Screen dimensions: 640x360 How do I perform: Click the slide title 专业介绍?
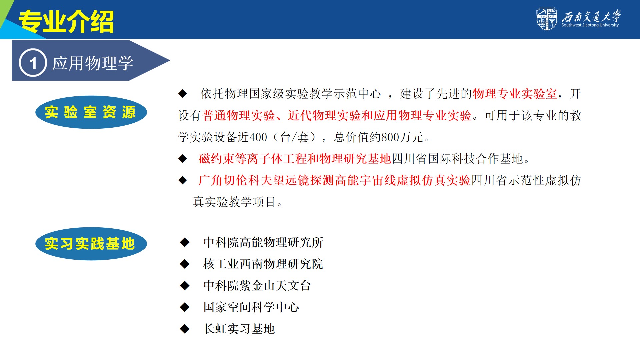point(66,22)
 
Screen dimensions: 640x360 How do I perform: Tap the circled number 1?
point(33,63)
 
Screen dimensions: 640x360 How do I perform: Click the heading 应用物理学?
point(93,63)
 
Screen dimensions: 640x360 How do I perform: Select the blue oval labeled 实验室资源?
point(91,112)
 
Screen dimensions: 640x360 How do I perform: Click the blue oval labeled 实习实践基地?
point(91,244)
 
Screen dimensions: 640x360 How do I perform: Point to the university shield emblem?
point(547,19)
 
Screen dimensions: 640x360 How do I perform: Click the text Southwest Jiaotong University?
point(590,25)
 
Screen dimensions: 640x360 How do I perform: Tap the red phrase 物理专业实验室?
point(515,94)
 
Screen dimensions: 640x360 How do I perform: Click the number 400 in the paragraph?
point(258,137)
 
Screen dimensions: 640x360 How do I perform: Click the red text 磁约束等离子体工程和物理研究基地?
point(295,159)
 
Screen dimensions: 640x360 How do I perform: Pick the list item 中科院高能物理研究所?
point(263,242)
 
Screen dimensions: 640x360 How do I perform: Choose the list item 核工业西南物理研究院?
point(263,264)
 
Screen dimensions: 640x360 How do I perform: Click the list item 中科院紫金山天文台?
point(257,286)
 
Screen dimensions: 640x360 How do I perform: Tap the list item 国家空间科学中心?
point(251,307)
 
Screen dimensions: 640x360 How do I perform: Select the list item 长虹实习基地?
point(239,329)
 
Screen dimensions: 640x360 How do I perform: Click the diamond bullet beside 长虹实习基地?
point(185,329)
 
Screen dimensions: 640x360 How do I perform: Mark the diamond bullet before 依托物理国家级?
point(183,94)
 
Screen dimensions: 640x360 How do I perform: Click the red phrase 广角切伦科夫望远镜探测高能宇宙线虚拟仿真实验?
point(334,181)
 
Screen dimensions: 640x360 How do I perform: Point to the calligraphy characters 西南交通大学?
point(591,16)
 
